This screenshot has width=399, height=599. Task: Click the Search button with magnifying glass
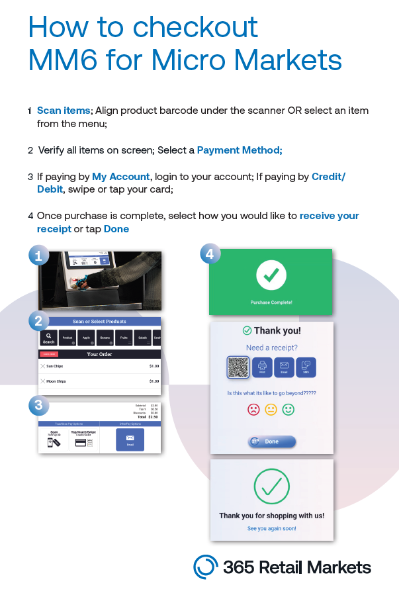[48, 338]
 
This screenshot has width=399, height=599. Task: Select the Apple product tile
[86, 338]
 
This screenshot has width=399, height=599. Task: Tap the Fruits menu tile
[124, 338]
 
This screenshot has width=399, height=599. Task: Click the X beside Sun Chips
[43, 366]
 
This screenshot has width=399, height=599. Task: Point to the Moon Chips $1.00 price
[154, 381]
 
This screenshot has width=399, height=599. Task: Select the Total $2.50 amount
[152, 417]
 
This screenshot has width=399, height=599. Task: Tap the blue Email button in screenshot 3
[130, 439]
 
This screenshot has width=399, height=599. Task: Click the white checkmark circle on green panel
[271, 275]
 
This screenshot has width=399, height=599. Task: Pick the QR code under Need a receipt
[238, 367]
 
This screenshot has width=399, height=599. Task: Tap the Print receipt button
[262, 367]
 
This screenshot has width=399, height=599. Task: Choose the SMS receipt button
[306, 367]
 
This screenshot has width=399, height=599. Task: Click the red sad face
[253, 410]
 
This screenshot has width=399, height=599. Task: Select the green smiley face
[288, 410]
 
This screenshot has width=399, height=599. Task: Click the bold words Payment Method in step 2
[239, 150]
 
